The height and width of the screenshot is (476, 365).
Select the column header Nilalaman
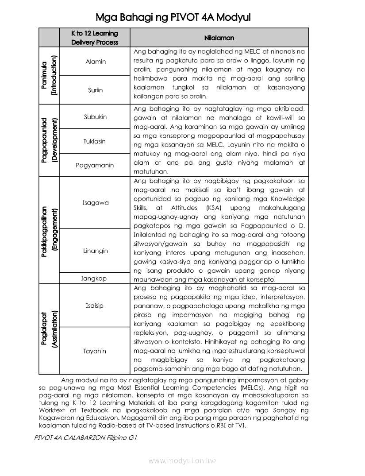click(x=219, y=38)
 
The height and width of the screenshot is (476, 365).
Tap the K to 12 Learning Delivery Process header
click(x=95, y=38)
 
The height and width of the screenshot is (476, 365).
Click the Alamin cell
click(x=96, y=62)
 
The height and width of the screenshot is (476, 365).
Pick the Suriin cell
click(x=95, y=90)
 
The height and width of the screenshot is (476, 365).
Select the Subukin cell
click(x=95, y=117)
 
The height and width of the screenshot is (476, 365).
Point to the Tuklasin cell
click(x=95, y=141)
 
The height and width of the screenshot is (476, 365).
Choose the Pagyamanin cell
click(x=95, y=165)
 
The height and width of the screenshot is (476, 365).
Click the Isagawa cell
click(x=95, y=203)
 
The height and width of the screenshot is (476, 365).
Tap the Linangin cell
click(x=95, y=251)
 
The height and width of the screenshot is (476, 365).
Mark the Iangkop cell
click(x=94, y=279)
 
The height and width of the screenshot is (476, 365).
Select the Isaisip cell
click(x=95, y=306)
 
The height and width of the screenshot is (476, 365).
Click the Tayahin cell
click(x=95, y=351)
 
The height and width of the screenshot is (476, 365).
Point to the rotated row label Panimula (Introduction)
click(x=49, y=75)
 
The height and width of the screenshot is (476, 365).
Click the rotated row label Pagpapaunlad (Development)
click(x=49, y=140)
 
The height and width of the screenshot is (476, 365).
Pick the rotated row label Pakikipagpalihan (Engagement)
click(x=49, y=230)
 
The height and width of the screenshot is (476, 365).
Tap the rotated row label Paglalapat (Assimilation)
click(x=49, y=329)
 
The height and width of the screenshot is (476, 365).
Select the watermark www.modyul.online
click(x=182, y=461)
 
